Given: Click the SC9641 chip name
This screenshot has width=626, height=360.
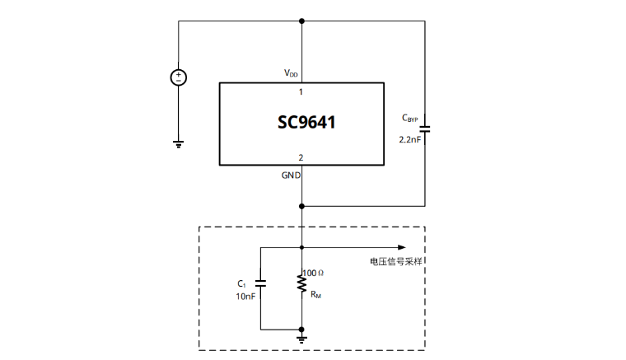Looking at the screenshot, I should [306, 124].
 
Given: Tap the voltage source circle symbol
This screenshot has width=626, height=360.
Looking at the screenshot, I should [178, 77].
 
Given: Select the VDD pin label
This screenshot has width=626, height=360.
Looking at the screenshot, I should [292, 73].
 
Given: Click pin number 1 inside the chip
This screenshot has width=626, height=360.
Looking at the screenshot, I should [301, 91].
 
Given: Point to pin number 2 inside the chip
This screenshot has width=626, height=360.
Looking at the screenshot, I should [301, 157].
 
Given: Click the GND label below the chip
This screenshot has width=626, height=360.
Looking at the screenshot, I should [291, 175].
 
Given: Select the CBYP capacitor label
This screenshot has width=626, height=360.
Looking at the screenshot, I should [410, 119].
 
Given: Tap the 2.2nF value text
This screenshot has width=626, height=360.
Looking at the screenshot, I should [409, 140].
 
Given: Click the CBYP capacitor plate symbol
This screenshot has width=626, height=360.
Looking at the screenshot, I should [425, 128].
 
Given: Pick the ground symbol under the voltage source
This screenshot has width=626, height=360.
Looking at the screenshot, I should [178, 143].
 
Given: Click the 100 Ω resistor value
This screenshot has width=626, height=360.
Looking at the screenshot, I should [314, 273].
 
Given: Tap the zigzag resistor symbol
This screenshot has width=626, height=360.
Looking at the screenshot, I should [302, 284].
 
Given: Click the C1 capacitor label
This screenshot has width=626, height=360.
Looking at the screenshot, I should [241, 283].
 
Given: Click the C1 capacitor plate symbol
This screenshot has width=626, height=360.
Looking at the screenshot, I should [260, 285].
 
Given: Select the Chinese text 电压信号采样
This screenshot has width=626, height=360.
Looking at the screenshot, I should [401, 261].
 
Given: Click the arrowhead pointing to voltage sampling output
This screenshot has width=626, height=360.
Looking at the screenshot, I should [402, 246].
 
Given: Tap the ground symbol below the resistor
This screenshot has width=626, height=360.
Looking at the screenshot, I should [302, 337].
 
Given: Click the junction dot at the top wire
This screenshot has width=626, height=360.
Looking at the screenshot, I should [302, 21].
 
